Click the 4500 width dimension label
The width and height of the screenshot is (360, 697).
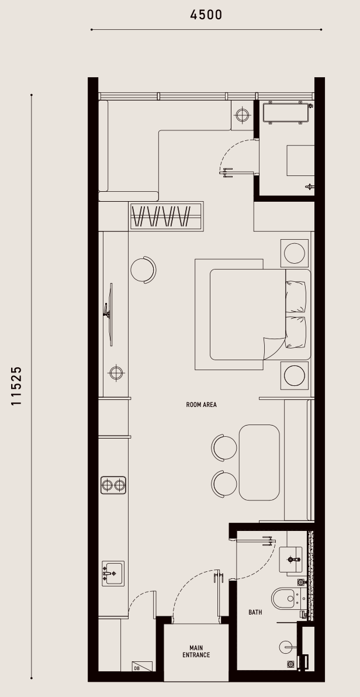point(206,15)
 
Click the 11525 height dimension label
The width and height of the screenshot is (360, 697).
point(16,386)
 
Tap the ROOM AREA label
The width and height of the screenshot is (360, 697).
point(202,405)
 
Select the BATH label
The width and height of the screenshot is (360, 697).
point(255,612)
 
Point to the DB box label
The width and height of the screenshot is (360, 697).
point(136,668)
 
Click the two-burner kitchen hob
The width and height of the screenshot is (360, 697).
point(113,485)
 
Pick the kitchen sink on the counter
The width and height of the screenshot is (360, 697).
point(113,574)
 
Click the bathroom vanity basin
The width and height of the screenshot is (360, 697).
point(290,559)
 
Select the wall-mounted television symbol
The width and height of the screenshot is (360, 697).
point(109,314)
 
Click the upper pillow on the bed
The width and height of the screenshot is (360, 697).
point(296,297)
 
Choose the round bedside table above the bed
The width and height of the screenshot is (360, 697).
point(294,254)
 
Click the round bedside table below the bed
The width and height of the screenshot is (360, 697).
point(294,375)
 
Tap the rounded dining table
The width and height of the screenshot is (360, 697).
point(259,463)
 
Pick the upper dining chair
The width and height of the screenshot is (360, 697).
point(224,448)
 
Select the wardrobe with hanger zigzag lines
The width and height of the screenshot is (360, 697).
point(167,216)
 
